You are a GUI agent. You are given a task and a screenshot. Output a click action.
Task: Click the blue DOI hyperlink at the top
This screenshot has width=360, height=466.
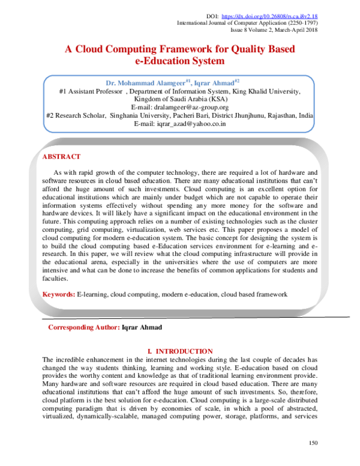pyautogui.click(x=269, y=16)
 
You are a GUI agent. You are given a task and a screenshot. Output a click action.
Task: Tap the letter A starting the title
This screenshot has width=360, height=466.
pyautogui.click(x=68, y=49)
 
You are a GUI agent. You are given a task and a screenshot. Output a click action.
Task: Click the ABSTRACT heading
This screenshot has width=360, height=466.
pyautogui.click(x=61, y=157)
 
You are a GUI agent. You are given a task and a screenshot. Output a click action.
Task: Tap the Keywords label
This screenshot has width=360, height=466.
pyautogui.click(x=58, y=294)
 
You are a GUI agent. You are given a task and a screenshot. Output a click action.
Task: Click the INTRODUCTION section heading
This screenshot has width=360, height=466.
pyautogui.click(x=184, y=351)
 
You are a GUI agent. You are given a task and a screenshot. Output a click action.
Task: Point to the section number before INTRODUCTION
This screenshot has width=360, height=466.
pyautogui.click(x=149, y=351)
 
